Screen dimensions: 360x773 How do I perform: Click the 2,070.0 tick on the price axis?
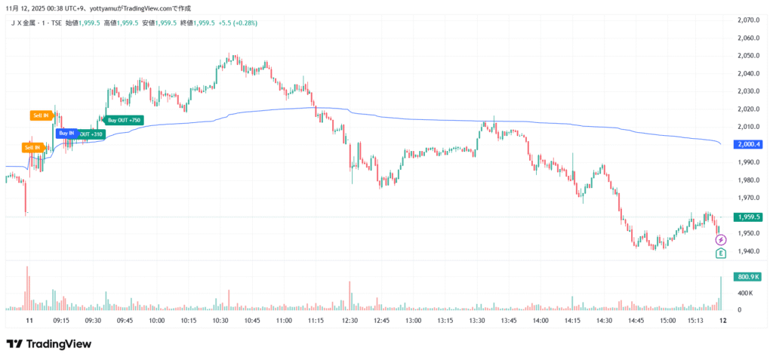coord(746,20)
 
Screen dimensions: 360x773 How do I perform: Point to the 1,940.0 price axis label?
coord(746,251)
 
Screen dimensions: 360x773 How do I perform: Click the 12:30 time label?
coord(349,321)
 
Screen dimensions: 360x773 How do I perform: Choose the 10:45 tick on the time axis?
coord(253,321)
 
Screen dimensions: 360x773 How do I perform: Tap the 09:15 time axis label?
coord(62,321)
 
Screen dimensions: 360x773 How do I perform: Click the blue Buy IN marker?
coord(66,133)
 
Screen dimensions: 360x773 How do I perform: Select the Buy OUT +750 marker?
coord(124,120)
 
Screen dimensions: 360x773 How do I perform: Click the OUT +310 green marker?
coord(92,134)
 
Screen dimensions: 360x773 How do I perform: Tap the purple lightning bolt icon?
coord(721,240)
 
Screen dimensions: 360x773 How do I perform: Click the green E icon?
coord(721,253)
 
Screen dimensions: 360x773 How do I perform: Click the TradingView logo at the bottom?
coord(49,344)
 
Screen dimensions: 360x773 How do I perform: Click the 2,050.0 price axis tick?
coord(746,55)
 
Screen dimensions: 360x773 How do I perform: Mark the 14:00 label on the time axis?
coord(540,321)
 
